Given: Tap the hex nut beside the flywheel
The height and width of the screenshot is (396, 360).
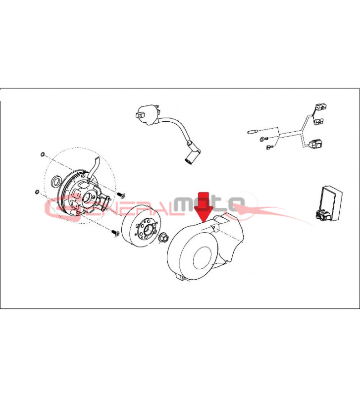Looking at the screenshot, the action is point(162,238).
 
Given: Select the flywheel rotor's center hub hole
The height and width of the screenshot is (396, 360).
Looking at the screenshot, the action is point(148,230).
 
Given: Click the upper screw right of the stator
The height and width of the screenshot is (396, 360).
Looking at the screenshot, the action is point(121,195).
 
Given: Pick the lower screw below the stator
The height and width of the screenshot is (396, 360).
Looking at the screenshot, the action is point(115,233).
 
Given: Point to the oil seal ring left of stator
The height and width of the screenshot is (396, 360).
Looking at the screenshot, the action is point(56,181).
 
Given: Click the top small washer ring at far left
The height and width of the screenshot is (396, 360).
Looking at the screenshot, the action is point(43,154).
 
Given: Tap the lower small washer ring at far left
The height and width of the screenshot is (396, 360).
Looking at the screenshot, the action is point(37,192).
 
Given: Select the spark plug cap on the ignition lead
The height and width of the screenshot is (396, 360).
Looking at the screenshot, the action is point(193,153).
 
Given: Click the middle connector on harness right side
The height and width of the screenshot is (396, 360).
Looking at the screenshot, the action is point(318,122).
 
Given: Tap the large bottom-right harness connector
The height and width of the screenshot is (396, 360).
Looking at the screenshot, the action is point(316,145).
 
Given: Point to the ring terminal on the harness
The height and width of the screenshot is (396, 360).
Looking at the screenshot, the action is point(263,139).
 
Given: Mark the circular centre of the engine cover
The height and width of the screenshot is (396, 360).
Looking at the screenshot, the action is point(202,258).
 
